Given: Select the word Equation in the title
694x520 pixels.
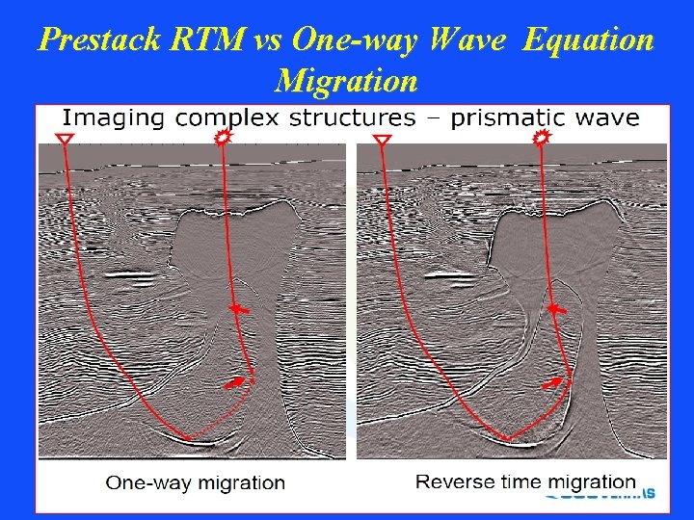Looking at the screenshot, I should pos(589,40).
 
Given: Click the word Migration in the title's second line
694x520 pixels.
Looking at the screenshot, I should pos(346,79).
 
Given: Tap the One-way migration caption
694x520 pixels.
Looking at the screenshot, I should pos(195,482).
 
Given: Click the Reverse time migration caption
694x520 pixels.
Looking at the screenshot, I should pos(525,481).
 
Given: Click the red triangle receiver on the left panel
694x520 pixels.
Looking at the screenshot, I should pos(64,141).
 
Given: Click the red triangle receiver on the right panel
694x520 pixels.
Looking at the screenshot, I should pos(382,142).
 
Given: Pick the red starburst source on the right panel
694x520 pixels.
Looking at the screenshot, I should pos(540,140).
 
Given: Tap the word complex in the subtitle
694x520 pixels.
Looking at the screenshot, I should pos(221,119).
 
